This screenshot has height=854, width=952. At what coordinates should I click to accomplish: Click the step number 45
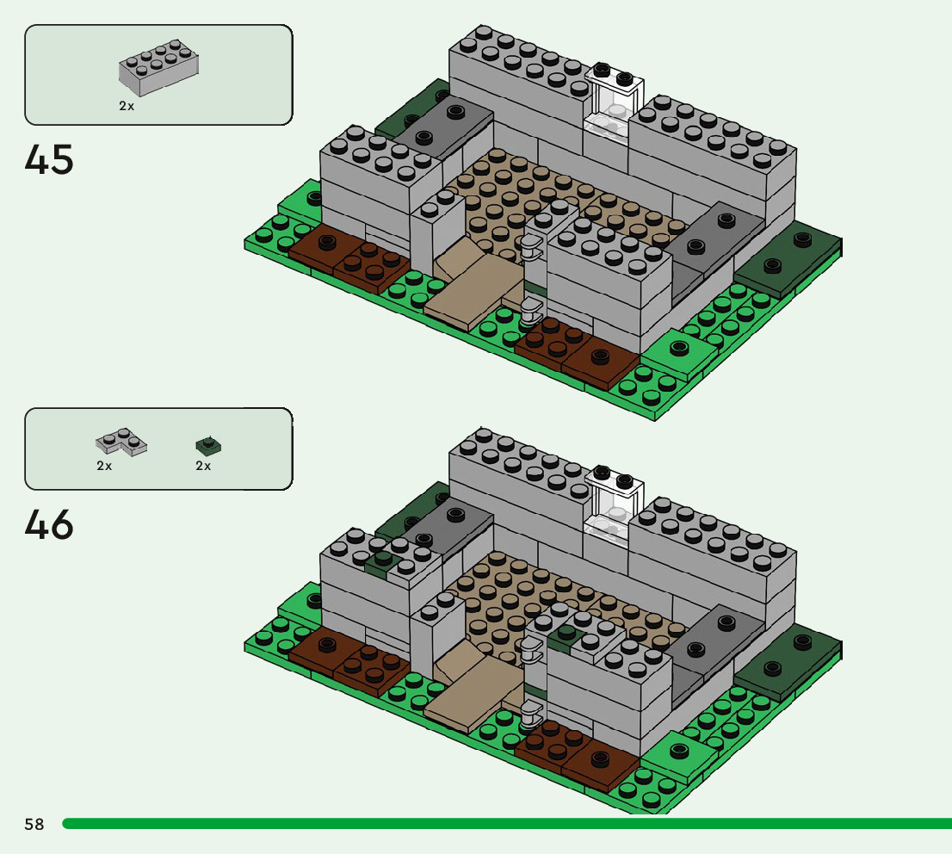[50, 160]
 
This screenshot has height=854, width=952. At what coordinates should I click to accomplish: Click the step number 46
[50, 525]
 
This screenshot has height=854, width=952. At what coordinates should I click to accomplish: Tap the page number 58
[34, 824]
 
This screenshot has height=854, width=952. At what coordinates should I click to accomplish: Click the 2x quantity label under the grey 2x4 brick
[127, 106]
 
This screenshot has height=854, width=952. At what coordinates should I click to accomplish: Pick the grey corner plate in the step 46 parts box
[121, 442]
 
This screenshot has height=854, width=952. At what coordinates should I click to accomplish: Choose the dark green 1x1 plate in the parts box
[207, 444]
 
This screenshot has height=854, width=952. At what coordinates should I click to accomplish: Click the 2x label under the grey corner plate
[104, 466]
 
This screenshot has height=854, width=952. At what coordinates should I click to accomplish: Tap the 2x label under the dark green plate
[203, 466]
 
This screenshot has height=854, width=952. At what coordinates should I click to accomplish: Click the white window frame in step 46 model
[614, 502]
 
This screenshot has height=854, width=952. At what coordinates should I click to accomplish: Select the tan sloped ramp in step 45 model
[473, 288]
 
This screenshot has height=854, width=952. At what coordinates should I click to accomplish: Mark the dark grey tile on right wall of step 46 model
[714, 635]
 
